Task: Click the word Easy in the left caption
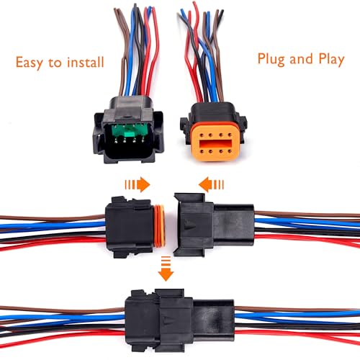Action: point(30,63)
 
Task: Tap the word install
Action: point(86,62)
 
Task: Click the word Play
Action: point(331,59)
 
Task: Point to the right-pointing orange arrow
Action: point(138,184)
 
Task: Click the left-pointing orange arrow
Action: point(211,184)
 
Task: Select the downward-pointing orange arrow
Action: point(166,269)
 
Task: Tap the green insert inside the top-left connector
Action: point(130,132)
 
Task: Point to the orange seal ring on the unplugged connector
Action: point(160,226)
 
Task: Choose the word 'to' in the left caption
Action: point(55,63)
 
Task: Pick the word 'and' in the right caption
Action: point(301,59)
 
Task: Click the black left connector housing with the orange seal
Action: point(130,227)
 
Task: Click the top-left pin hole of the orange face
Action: point(202,135)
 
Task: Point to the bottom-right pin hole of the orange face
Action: point(230,151)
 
